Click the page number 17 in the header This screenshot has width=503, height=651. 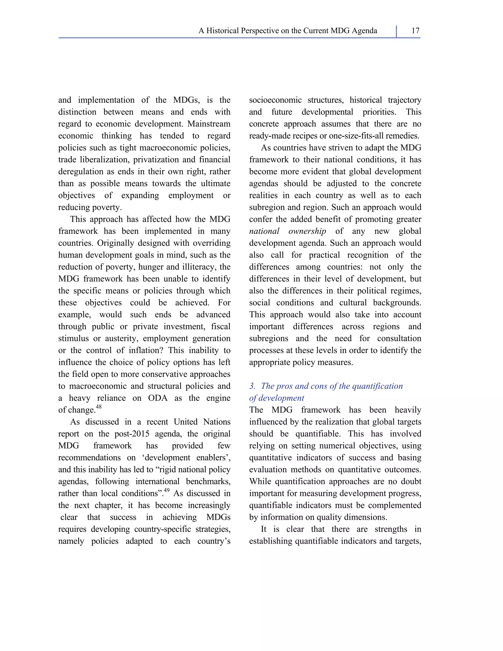[415, 31]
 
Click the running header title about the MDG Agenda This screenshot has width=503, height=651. [288, 31]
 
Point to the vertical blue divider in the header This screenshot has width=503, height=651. [396, 32]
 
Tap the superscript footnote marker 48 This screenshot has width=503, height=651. [99, 407]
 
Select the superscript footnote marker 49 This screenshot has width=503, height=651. [167, 490]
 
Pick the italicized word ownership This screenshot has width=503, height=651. [307, 231]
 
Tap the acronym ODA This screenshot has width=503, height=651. [158, 398]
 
